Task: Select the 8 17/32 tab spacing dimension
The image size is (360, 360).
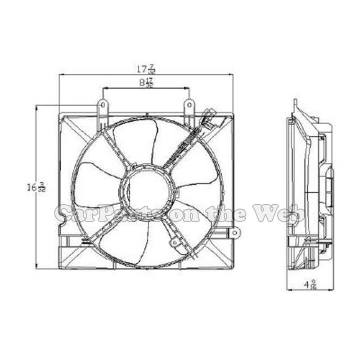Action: pos(146,83)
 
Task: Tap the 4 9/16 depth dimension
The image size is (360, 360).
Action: pos(310,284)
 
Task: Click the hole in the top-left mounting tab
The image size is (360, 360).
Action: pos(103,106)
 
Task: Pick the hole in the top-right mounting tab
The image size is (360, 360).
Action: pos(189,106)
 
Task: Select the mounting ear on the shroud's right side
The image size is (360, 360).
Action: pos(234,233)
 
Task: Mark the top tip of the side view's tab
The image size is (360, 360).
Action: pos(295,100)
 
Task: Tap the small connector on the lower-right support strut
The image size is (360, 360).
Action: pos(174,243)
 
